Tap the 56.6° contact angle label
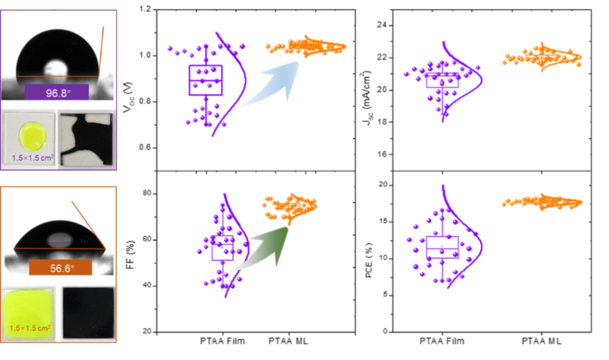(x=60, y=267)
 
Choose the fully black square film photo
(x=87, y=313)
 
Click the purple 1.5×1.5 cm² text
(x=33, y=158)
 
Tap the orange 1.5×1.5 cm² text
(x=32, y=327)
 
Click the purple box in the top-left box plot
(x=206, y=80)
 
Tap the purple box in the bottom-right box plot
(x=442, y=247)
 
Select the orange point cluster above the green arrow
(x=292, y=204)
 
